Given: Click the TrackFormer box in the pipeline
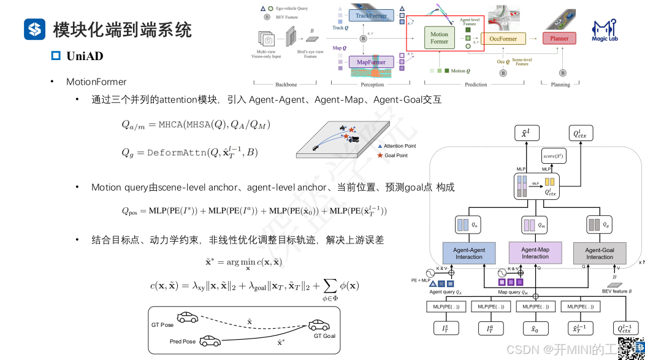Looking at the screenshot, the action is (x=372, y=15).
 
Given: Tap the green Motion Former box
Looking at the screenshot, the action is (x=439, y=38).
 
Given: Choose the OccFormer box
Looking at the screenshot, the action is (x=503, y=38).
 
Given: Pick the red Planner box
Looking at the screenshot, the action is (x=559, y=38).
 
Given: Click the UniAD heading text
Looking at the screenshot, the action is (x=85, y=56).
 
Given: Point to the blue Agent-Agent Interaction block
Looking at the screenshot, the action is (x=469, y=253).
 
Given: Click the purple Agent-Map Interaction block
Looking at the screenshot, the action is (x=535, y=253).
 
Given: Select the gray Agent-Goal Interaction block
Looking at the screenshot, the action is (x=600, y=253).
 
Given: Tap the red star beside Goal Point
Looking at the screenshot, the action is (x=380, y=156).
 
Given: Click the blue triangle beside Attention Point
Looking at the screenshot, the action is (x=380, y=147).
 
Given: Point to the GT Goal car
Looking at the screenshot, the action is (x=319, y=324).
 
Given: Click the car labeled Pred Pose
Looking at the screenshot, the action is (x=210, y=339).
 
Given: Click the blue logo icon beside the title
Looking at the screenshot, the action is (x=35, y=29).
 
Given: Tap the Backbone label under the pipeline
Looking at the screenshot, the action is (x=286, y=85).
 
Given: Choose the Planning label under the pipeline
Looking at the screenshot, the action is (x=560, y=85).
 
